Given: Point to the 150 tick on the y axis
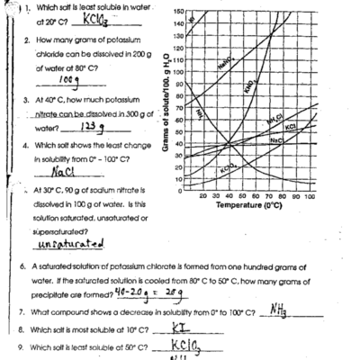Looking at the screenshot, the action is coord(177,11).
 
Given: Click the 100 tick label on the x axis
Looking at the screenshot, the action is coord(311,195).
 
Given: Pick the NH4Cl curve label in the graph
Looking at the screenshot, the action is coord(275,121).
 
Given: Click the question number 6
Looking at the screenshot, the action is coord(21,268).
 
